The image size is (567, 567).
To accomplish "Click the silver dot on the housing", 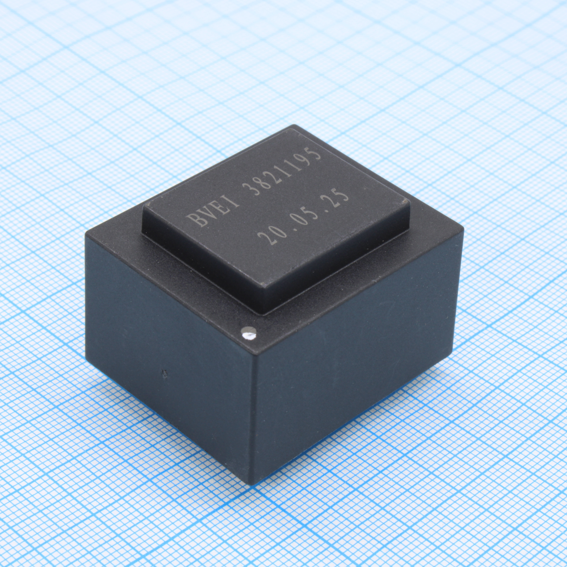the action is (249, 333).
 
